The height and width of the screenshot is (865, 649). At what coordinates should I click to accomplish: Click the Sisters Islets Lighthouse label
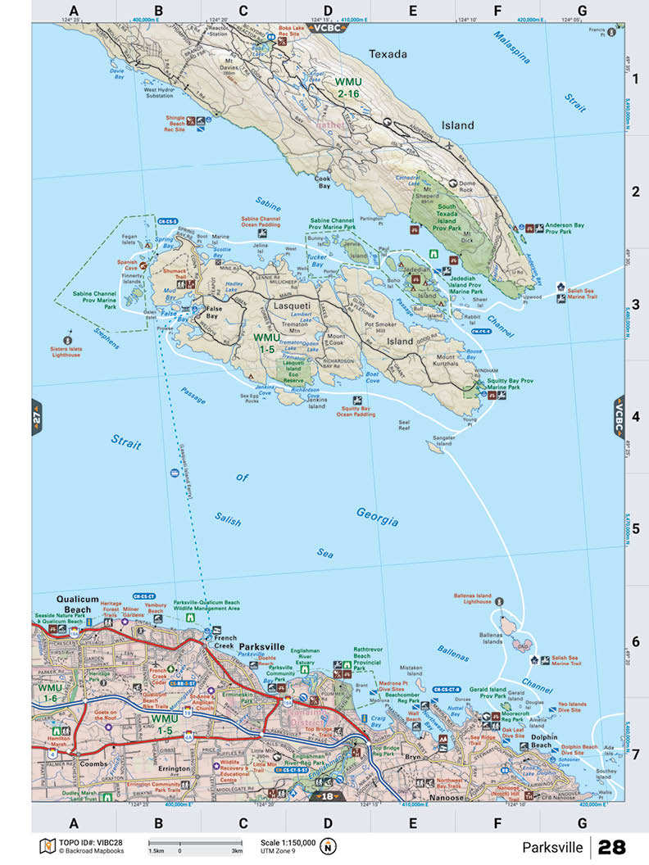click(67, 351)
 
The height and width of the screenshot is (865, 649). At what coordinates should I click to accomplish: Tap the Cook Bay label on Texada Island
click(323, 182)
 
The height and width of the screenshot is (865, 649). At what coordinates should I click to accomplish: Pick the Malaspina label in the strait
click(513, 47)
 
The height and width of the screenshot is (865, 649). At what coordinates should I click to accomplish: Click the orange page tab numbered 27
click(36, 417)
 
